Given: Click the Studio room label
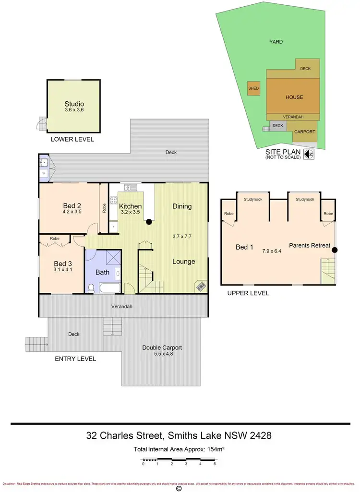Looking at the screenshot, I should pos(74,104).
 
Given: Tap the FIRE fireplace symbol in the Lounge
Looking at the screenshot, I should pos(200,287).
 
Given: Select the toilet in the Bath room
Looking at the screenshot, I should pos(91,288).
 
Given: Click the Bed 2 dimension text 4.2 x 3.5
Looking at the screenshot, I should pos(72,211).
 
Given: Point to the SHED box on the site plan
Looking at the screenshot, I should pos(253,88).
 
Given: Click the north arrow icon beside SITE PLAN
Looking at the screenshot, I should pos(310,154).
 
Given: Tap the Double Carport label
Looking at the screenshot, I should pos(162,348).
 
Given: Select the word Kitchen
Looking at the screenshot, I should pos(130,206).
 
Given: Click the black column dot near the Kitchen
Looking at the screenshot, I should pos(149,222).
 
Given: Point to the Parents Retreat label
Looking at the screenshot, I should pos(309,246).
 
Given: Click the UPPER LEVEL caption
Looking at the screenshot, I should pos(249,293).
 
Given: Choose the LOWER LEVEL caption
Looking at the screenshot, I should pos(72,139).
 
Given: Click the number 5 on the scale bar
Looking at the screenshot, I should pos(215,464).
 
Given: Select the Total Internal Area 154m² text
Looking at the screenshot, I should pos(180,450).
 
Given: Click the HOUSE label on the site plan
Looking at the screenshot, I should pos(294,97).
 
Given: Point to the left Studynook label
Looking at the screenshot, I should pos(252,199).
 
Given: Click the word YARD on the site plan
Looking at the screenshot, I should pos(276,42).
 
